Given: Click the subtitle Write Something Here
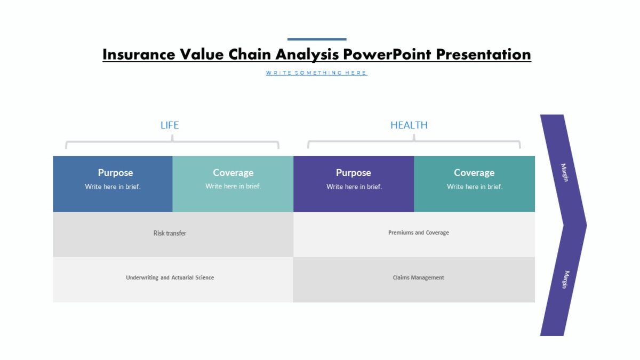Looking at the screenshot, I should tap(316, 73).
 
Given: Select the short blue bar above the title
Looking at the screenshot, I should tap(317, 39).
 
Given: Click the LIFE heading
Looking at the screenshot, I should tap(170, 125).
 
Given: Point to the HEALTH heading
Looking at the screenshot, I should tap(409, 125).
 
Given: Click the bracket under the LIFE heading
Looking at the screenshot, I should tap(172, 142).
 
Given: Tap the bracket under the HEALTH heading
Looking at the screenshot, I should tap(414, 142).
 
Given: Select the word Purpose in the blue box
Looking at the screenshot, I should tap(115, 173).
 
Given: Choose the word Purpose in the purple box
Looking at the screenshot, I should tap(353, 173).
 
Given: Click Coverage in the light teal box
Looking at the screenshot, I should tap(233, 173).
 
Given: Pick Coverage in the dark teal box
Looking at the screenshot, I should tap(474, 173).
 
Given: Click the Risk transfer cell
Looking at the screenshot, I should tap(170, 233).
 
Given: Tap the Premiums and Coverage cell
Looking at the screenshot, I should tap(419, 233).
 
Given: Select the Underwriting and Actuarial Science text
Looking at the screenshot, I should tap(170, 277).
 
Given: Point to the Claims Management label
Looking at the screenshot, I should tap(419, 277).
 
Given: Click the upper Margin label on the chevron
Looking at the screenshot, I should tap(564, 172).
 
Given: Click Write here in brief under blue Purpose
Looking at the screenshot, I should tap(113, 187).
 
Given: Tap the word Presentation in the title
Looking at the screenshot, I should tap(483, 54).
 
